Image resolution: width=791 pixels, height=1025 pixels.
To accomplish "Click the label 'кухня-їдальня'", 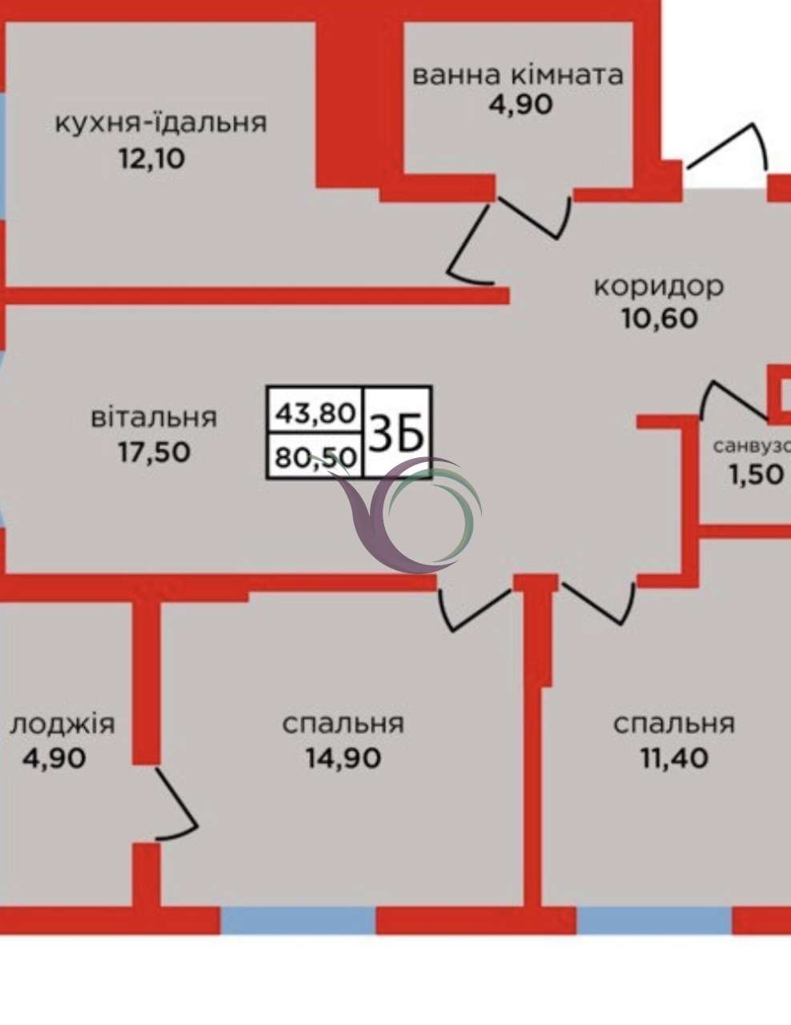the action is (x=161, y=123).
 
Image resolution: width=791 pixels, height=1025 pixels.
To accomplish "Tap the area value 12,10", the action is (x=152, y=159).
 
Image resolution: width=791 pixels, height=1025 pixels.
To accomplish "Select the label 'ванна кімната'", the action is (x=518, y=75).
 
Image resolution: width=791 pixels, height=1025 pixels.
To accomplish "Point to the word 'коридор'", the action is (x=659, y=287).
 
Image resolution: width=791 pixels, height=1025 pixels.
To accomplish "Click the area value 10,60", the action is (x=660, y=319).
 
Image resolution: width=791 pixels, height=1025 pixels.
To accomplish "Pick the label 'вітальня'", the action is (x=154, y=417).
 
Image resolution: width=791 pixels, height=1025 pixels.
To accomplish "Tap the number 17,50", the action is (x=155, y=452).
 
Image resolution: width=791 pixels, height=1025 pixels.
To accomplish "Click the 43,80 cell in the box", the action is (x=315, y=413).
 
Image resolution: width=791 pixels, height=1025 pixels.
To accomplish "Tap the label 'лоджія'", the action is (x=62, y=725).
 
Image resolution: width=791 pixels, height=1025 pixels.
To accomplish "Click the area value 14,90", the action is (x=343, y=759).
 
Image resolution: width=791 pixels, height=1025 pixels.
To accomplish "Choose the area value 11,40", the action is (x=674, y=759).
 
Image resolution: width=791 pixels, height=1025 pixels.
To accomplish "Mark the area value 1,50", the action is (x=757, y=475).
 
